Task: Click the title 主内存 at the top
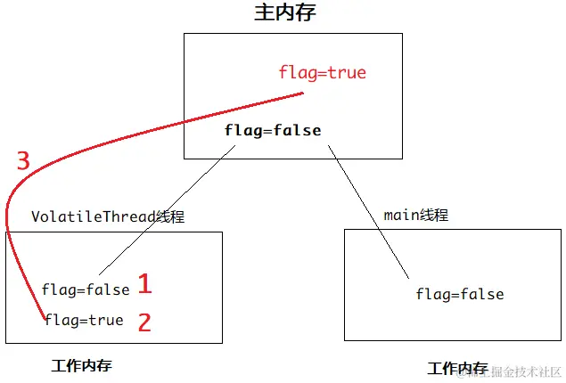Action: point(285,12)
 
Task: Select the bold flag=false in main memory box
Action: point(273,131)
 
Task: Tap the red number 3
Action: point(23,161)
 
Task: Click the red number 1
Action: point(144,285)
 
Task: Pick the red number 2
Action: point(144,322)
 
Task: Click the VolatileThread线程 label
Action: point(108,216)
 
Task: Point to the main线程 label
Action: point(415,215)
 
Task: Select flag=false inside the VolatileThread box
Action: point(86,289)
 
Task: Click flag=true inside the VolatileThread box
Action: point(84,320)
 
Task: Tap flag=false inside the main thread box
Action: point(460,294)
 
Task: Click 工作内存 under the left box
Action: point(82,366)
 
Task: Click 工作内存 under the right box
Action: point(457,368)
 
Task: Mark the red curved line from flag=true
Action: point(134,128)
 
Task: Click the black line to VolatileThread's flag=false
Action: point(169,208)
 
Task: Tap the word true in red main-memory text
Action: point(347,72)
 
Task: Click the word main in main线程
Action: point(400,215)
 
